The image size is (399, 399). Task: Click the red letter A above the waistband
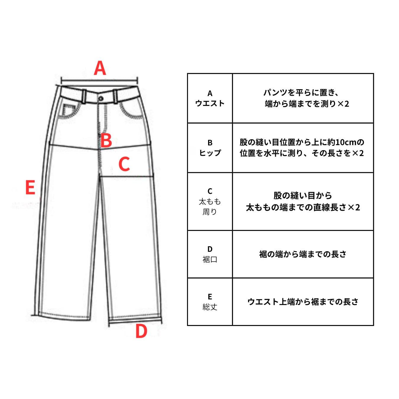coord(100,68)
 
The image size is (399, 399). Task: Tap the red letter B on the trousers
coord(106,140)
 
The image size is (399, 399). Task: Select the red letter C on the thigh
coord(124,164)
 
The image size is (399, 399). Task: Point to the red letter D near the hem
coord(141,331)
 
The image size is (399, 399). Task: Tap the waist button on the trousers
coord(101,98)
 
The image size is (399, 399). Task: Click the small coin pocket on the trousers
coord(68,110)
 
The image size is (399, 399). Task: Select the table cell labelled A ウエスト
coord(210,98)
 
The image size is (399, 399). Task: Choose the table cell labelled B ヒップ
coord(210,148)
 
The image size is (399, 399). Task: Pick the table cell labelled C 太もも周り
coord(210,202)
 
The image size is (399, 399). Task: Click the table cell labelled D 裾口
coord(210,254)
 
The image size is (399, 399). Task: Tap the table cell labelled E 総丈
coord(210,302)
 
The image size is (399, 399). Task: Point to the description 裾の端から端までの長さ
coord(303,254)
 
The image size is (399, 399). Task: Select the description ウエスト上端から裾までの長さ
coord(303,302)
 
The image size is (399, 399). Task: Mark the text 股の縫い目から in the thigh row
coord(303,195)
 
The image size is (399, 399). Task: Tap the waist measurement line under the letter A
coord(99,80)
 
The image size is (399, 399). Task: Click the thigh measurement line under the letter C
coord(127,176)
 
